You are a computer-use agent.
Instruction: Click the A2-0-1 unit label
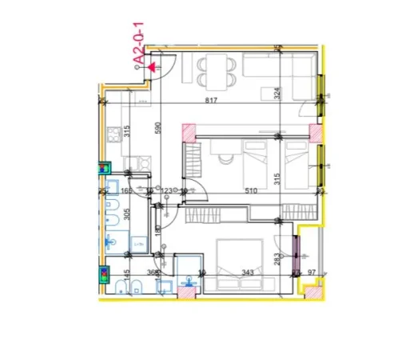138,47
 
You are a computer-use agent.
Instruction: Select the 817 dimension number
212,100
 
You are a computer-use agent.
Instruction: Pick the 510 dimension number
250,190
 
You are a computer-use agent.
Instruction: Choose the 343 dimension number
247,273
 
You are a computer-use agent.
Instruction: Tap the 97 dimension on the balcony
311,273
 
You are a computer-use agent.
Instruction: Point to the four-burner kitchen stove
113,133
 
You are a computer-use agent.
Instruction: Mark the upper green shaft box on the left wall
105,169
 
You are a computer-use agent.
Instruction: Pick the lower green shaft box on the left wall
105,274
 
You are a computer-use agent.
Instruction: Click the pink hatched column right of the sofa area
316,132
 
